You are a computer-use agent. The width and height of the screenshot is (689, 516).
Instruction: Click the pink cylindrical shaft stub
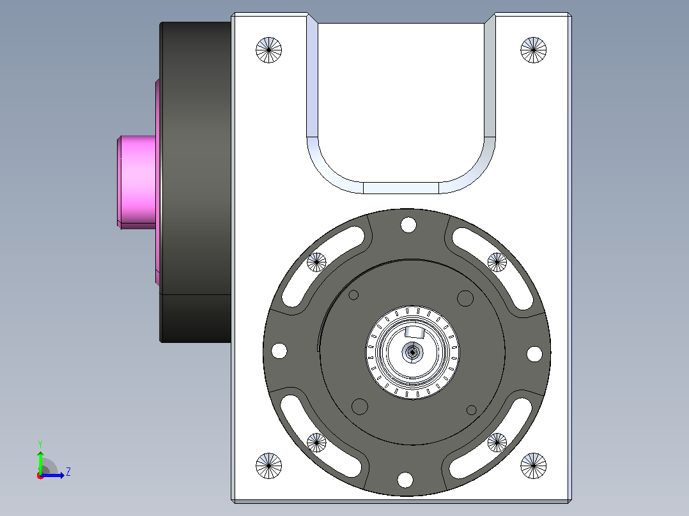pos(137,182)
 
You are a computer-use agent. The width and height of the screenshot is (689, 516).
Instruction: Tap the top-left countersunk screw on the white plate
pos(268,50)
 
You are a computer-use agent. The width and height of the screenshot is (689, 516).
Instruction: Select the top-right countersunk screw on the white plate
pos(534,50)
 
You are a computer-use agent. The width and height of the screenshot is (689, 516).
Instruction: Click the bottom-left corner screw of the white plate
pos(268,466)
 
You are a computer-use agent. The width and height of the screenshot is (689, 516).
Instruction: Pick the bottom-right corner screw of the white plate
pos(534,466)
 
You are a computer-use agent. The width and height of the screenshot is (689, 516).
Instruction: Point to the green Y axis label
pos(40,444)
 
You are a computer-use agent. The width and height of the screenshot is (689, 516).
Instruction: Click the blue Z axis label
pos(68,472)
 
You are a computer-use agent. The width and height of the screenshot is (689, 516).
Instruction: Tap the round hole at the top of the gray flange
pos(408,225)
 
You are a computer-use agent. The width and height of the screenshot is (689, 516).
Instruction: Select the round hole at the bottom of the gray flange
pos(405,480)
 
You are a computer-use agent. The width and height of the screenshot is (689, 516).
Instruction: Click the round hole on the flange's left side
pos(279,351)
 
